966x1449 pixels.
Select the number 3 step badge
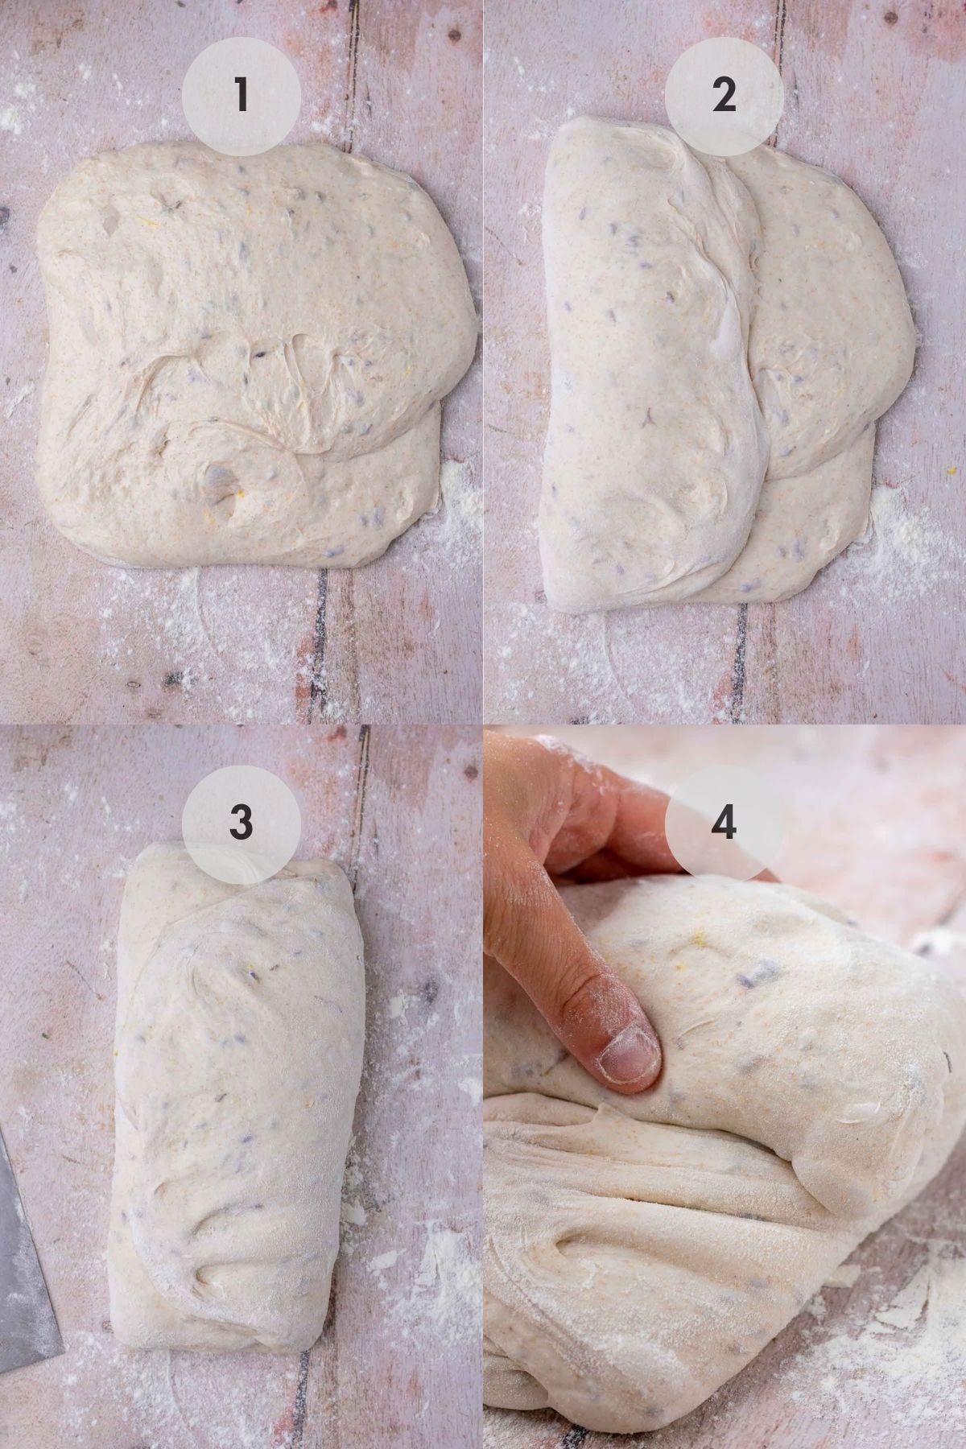tap(241, 821)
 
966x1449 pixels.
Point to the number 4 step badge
tap(724, 821)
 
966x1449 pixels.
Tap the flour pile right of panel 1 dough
tap(459, 499)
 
